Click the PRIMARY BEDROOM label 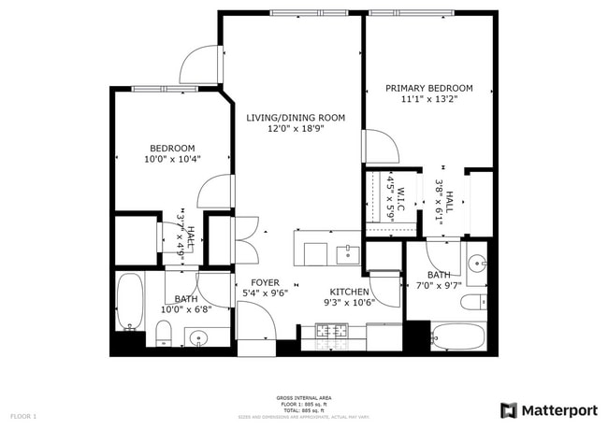tap(428, 89)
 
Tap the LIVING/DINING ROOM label tap(296, 118)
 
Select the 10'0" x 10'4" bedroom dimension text tap(172, 159)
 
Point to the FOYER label tap(265, 282)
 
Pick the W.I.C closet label tap(400, 197)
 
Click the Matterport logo tap(550, 409)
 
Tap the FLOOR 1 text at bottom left tap(23, 415)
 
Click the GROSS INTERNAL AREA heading tap(303, 397)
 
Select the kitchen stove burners tap(332, 330)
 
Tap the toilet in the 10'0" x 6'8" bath tap(163, 332)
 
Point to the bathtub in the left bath tap(129, 301)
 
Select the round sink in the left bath tap(199, 337)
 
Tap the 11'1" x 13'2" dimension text tap(428, 100)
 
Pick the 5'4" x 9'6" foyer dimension tap(265, 293)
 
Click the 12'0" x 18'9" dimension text tap(296, 129)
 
